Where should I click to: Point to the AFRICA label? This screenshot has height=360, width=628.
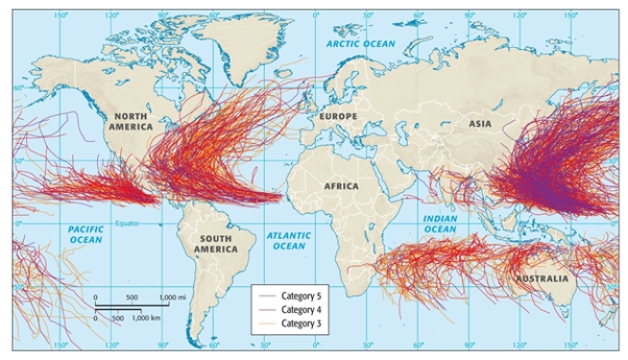coord(341,185)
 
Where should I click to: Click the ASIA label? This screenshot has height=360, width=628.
coord(480,123)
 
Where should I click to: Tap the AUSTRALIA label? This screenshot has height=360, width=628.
coord(541,278)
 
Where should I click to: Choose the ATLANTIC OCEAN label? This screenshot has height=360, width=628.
coord(288,240)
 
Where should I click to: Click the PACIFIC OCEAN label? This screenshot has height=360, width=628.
coord(85,234)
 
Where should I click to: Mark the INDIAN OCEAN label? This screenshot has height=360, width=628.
coord(440,225)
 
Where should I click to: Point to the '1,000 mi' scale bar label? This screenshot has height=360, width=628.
coord(173,298)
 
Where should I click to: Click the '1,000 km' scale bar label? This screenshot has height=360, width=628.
coord(146,317)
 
